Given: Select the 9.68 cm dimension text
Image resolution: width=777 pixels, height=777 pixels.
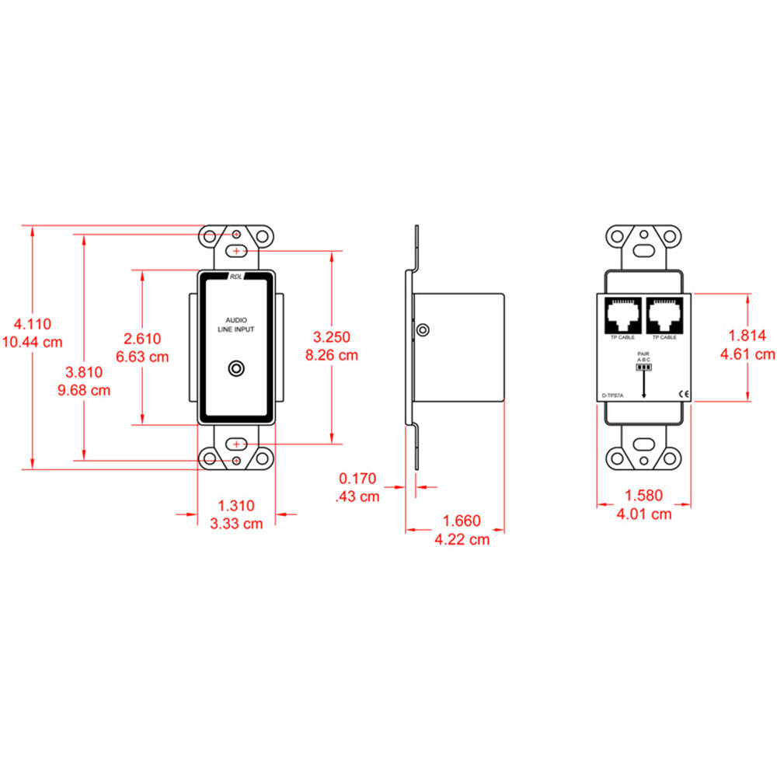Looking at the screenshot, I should point(84,390).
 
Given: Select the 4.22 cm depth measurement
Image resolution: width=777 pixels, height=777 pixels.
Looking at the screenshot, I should point(462,538).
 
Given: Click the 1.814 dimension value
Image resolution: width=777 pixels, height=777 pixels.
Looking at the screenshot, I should point(747,336).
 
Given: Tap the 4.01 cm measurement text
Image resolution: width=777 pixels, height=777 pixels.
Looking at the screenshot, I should point(644,514).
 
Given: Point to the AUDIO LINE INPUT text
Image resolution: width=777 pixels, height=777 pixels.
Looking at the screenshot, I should point(236,325).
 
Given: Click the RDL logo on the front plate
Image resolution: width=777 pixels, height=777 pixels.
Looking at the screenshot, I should point(236,277).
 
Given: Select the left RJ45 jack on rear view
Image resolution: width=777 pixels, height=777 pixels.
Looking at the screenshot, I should point(622,315).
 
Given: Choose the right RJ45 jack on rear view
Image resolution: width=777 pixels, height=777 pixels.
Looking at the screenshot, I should point(664,315).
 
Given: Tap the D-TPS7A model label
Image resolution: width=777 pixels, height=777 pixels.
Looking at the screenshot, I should point(613,395).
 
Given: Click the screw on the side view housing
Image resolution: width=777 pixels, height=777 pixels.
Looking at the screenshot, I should point(422,330).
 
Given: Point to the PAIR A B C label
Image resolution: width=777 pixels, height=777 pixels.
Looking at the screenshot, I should point(643,357).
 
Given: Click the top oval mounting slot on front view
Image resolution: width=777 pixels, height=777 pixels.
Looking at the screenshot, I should point(236,251).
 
